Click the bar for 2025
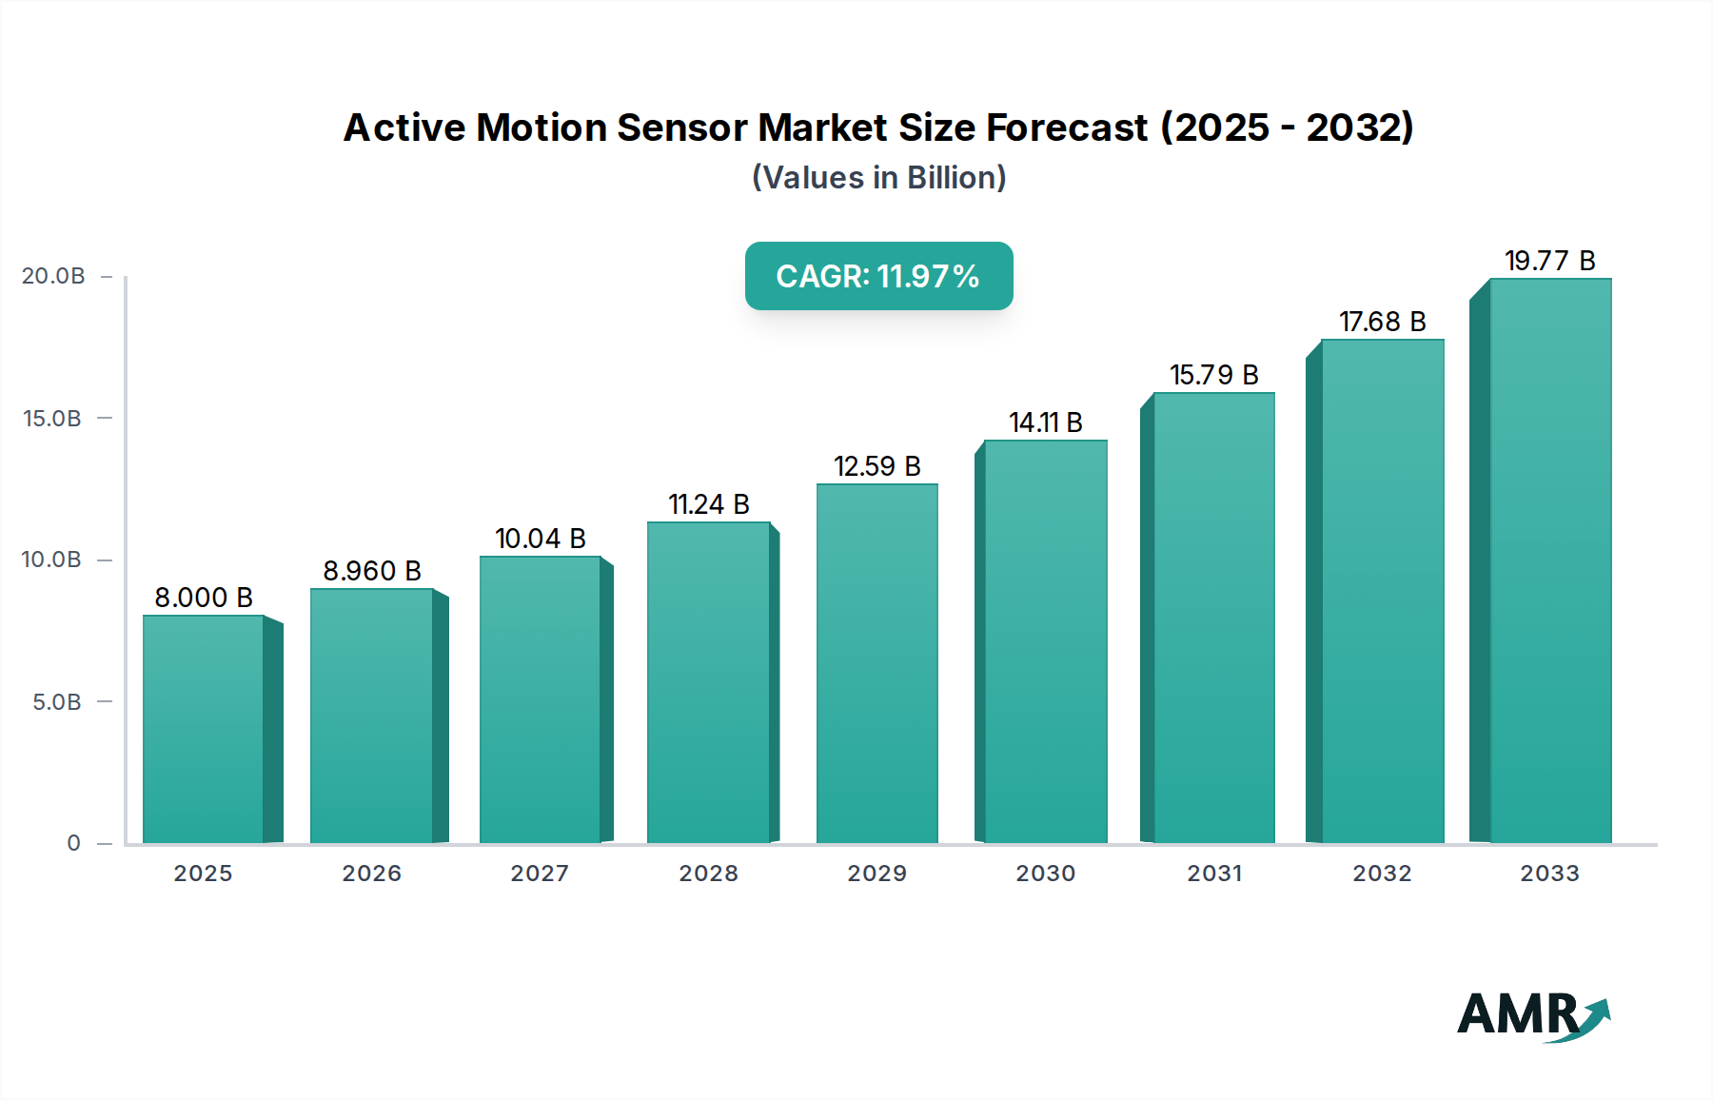tap(203, 729)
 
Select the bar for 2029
tap(876, 663)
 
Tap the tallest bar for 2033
tap(1550, 560)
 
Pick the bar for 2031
tap(1213, 618)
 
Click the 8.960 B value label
tap(372, 571)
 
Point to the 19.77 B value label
tap(1549, 261)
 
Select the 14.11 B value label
tap(1045, 422)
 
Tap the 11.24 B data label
tap(708, 504)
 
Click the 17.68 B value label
tap(1382, 322)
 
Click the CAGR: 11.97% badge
tap(878, 276)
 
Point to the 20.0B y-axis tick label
tap(53, 276)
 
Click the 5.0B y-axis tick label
tap(57, 702)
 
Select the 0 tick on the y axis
tap(73, 843)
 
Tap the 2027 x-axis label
tap(540, 874)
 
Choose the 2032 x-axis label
tap(1382, 874)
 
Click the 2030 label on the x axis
tap(1045, 874)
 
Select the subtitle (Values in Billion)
tap(878, 178)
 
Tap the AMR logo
tap(1532, 1015)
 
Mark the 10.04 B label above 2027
tap(540, 539)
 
